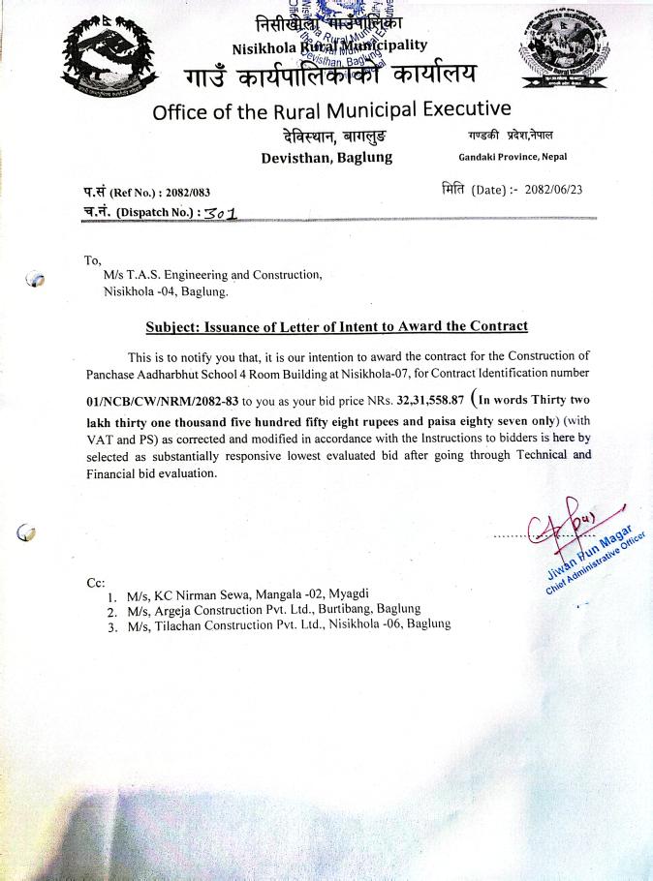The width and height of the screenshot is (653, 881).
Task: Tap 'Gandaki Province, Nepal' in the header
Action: click(513, 157)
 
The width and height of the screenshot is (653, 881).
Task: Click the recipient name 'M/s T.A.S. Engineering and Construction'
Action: click(212, 275)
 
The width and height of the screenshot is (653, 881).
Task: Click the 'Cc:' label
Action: click(95, 583)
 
